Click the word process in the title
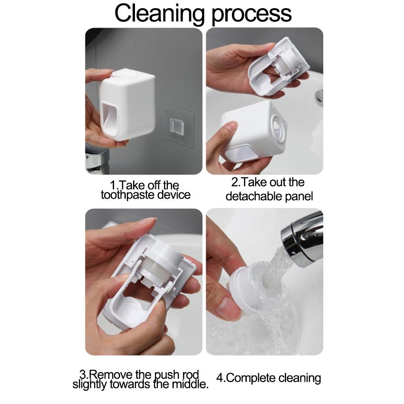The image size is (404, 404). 252,15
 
